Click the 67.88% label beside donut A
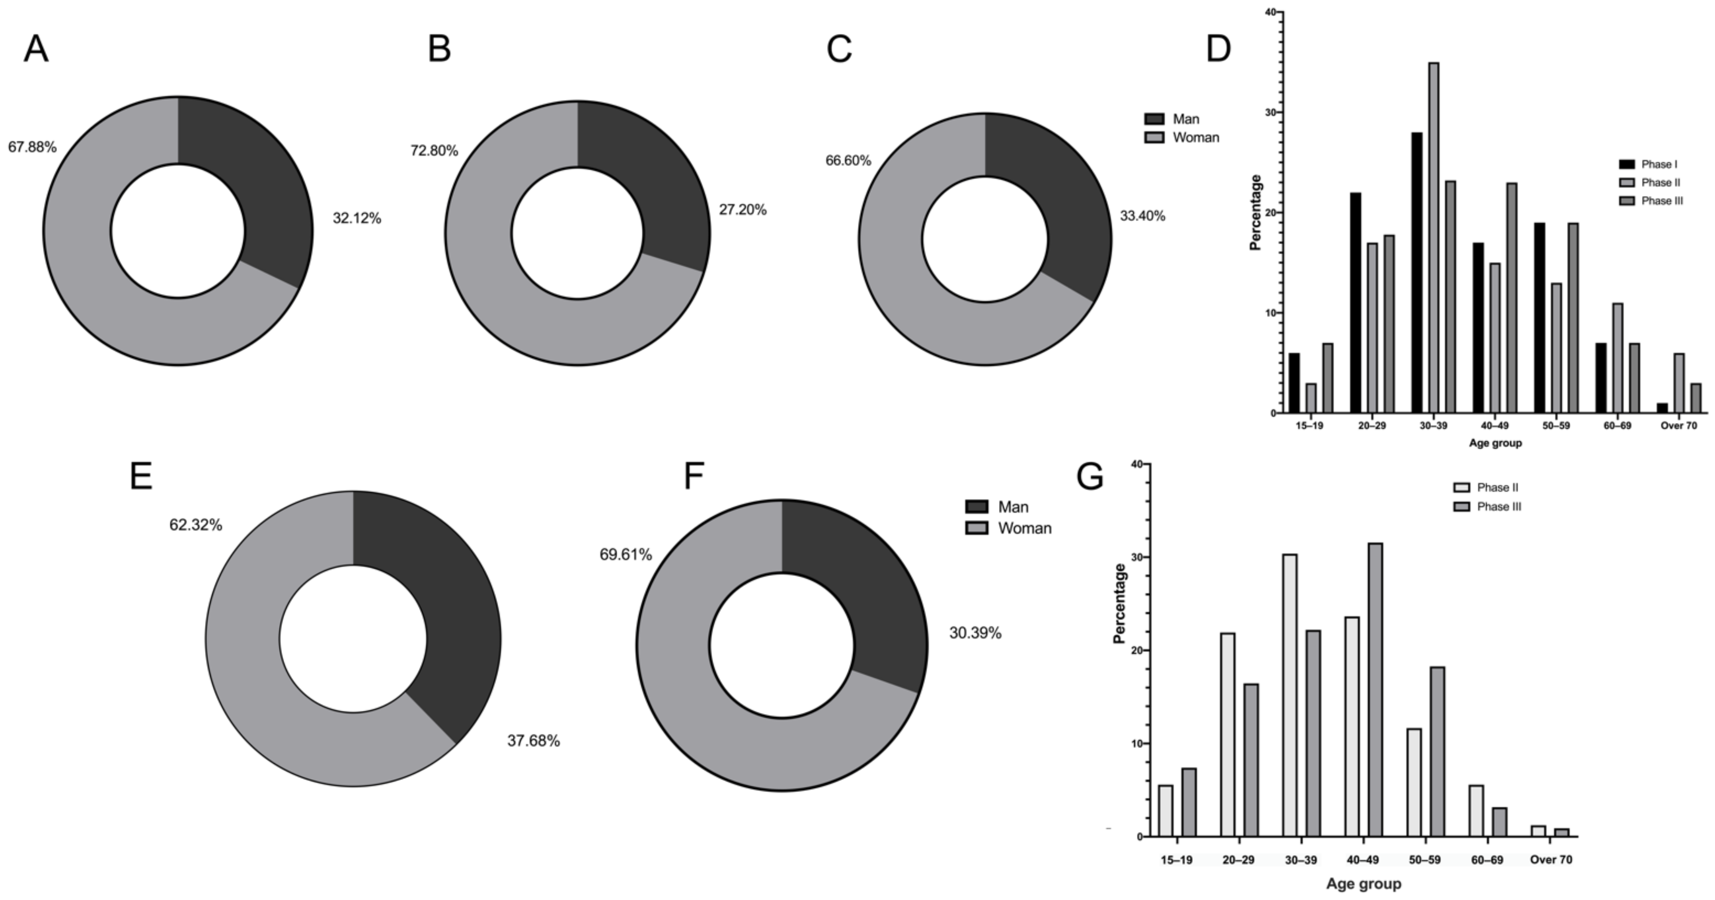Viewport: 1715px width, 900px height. [32, 147]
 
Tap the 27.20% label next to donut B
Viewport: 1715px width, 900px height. [742, 210]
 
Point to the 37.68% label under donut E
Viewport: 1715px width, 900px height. [533, 740]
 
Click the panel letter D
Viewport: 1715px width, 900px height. [1219, 49]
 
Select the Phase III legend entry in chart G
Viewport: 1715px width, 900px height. [1488, 507]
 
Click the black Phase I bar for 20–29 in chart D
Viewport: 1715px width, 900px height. [1356, 303]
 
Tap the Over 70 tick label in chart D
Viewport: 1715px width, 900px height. [1678, 426]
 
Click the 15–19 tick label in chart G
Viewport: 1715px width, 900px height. [1176, 860]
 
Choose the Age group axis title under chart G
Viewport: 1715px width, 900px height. [1363, 884]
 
